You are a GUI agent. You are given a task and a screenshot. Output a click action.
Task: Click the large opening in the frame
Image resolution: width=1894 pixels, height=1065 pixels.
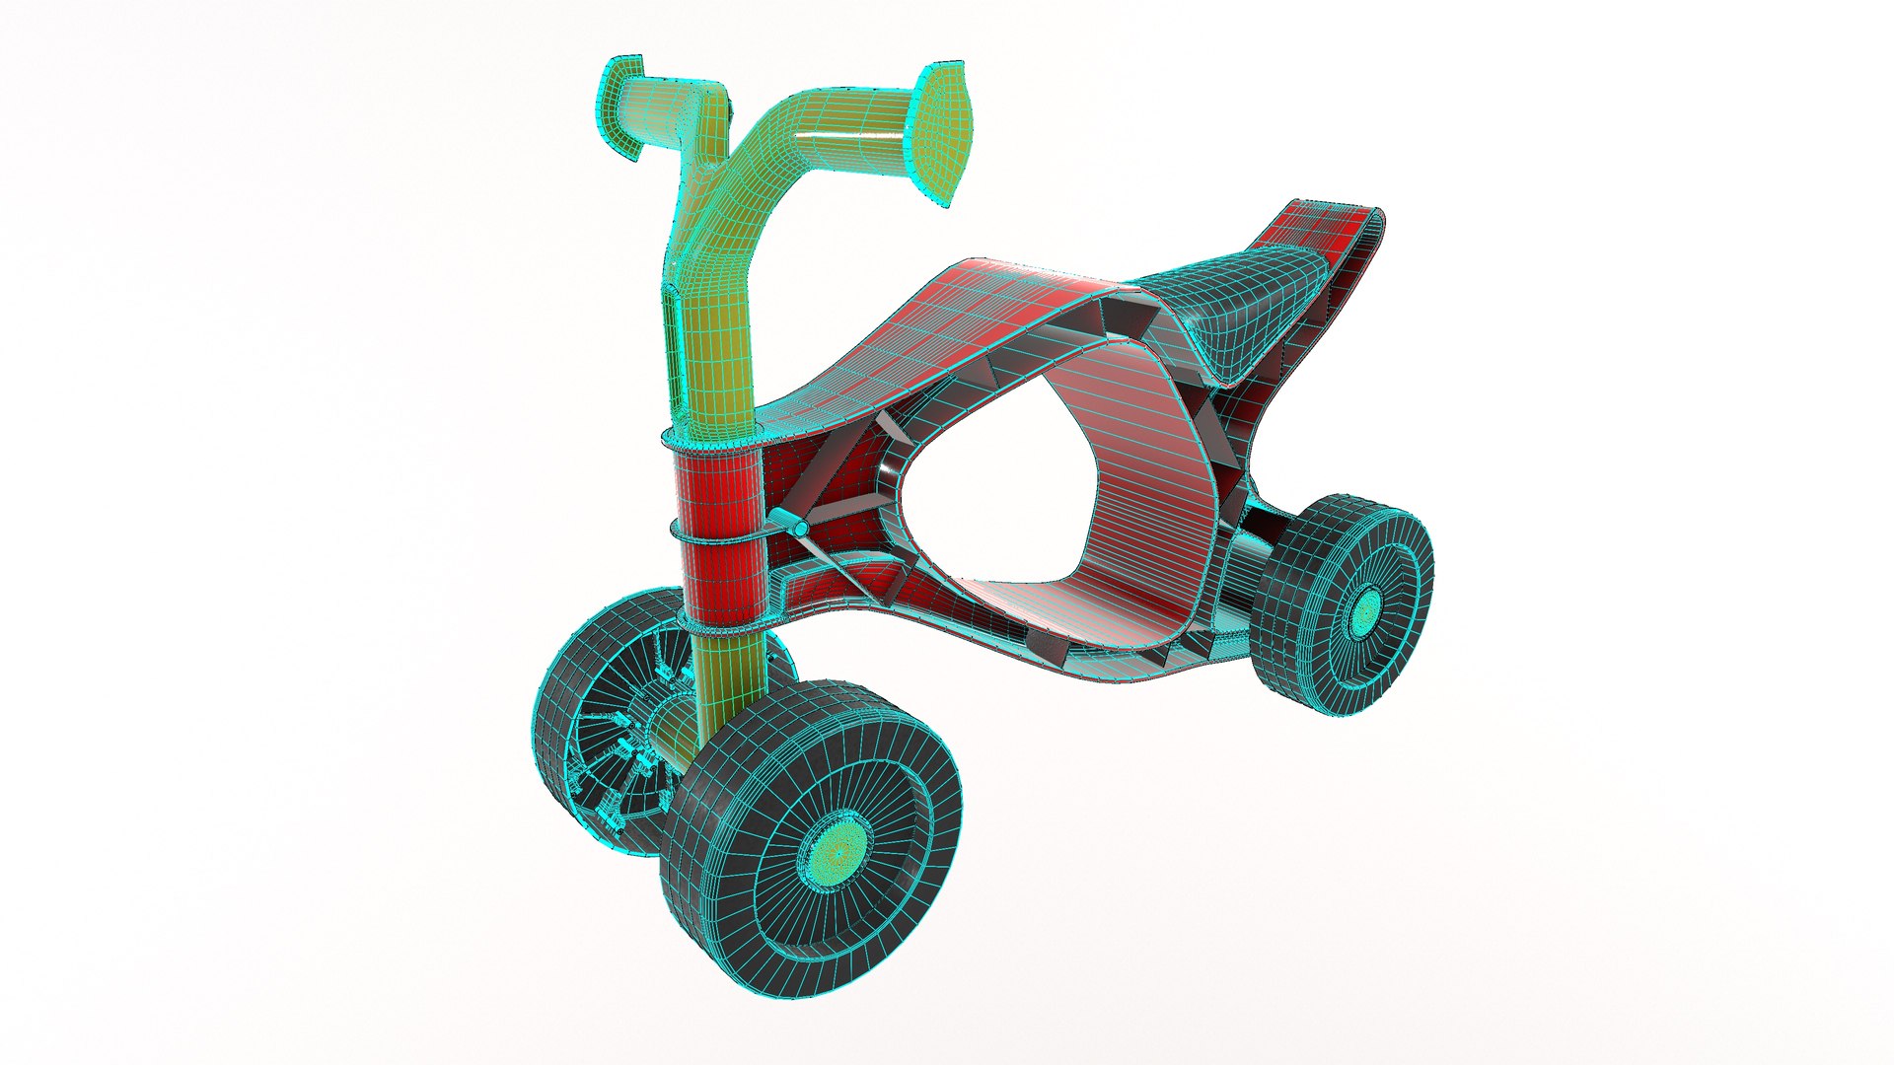coord(996,523)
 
